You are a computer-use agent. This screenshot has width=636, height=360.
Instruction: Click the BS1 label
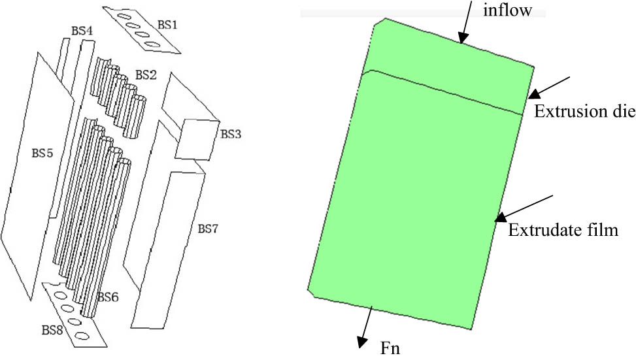[167, 25]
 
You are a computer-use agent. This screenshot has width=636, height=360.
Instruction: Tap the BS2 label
[146, 74]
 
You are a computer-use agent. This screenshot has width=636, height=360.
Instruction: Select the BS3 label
[230, 134]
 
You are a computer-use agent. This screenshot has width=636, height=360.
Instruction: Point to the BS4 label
[82, 31]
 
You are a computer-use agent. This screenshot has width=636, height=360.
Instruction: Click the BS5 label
[42, 154]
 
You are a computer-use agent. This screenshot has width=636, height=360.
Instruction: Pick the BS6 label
[107, 297]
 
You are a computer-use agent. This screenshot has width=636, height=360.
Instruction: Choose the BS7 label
[208, 229]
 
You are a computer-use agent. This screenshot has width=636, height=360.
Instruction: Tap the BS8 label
[52, 330]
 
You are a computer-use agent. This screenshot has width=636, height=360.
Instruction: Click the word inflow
[507, 10]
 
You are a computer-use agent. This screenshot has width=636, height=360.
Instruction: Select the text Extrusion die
[584, 111]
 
